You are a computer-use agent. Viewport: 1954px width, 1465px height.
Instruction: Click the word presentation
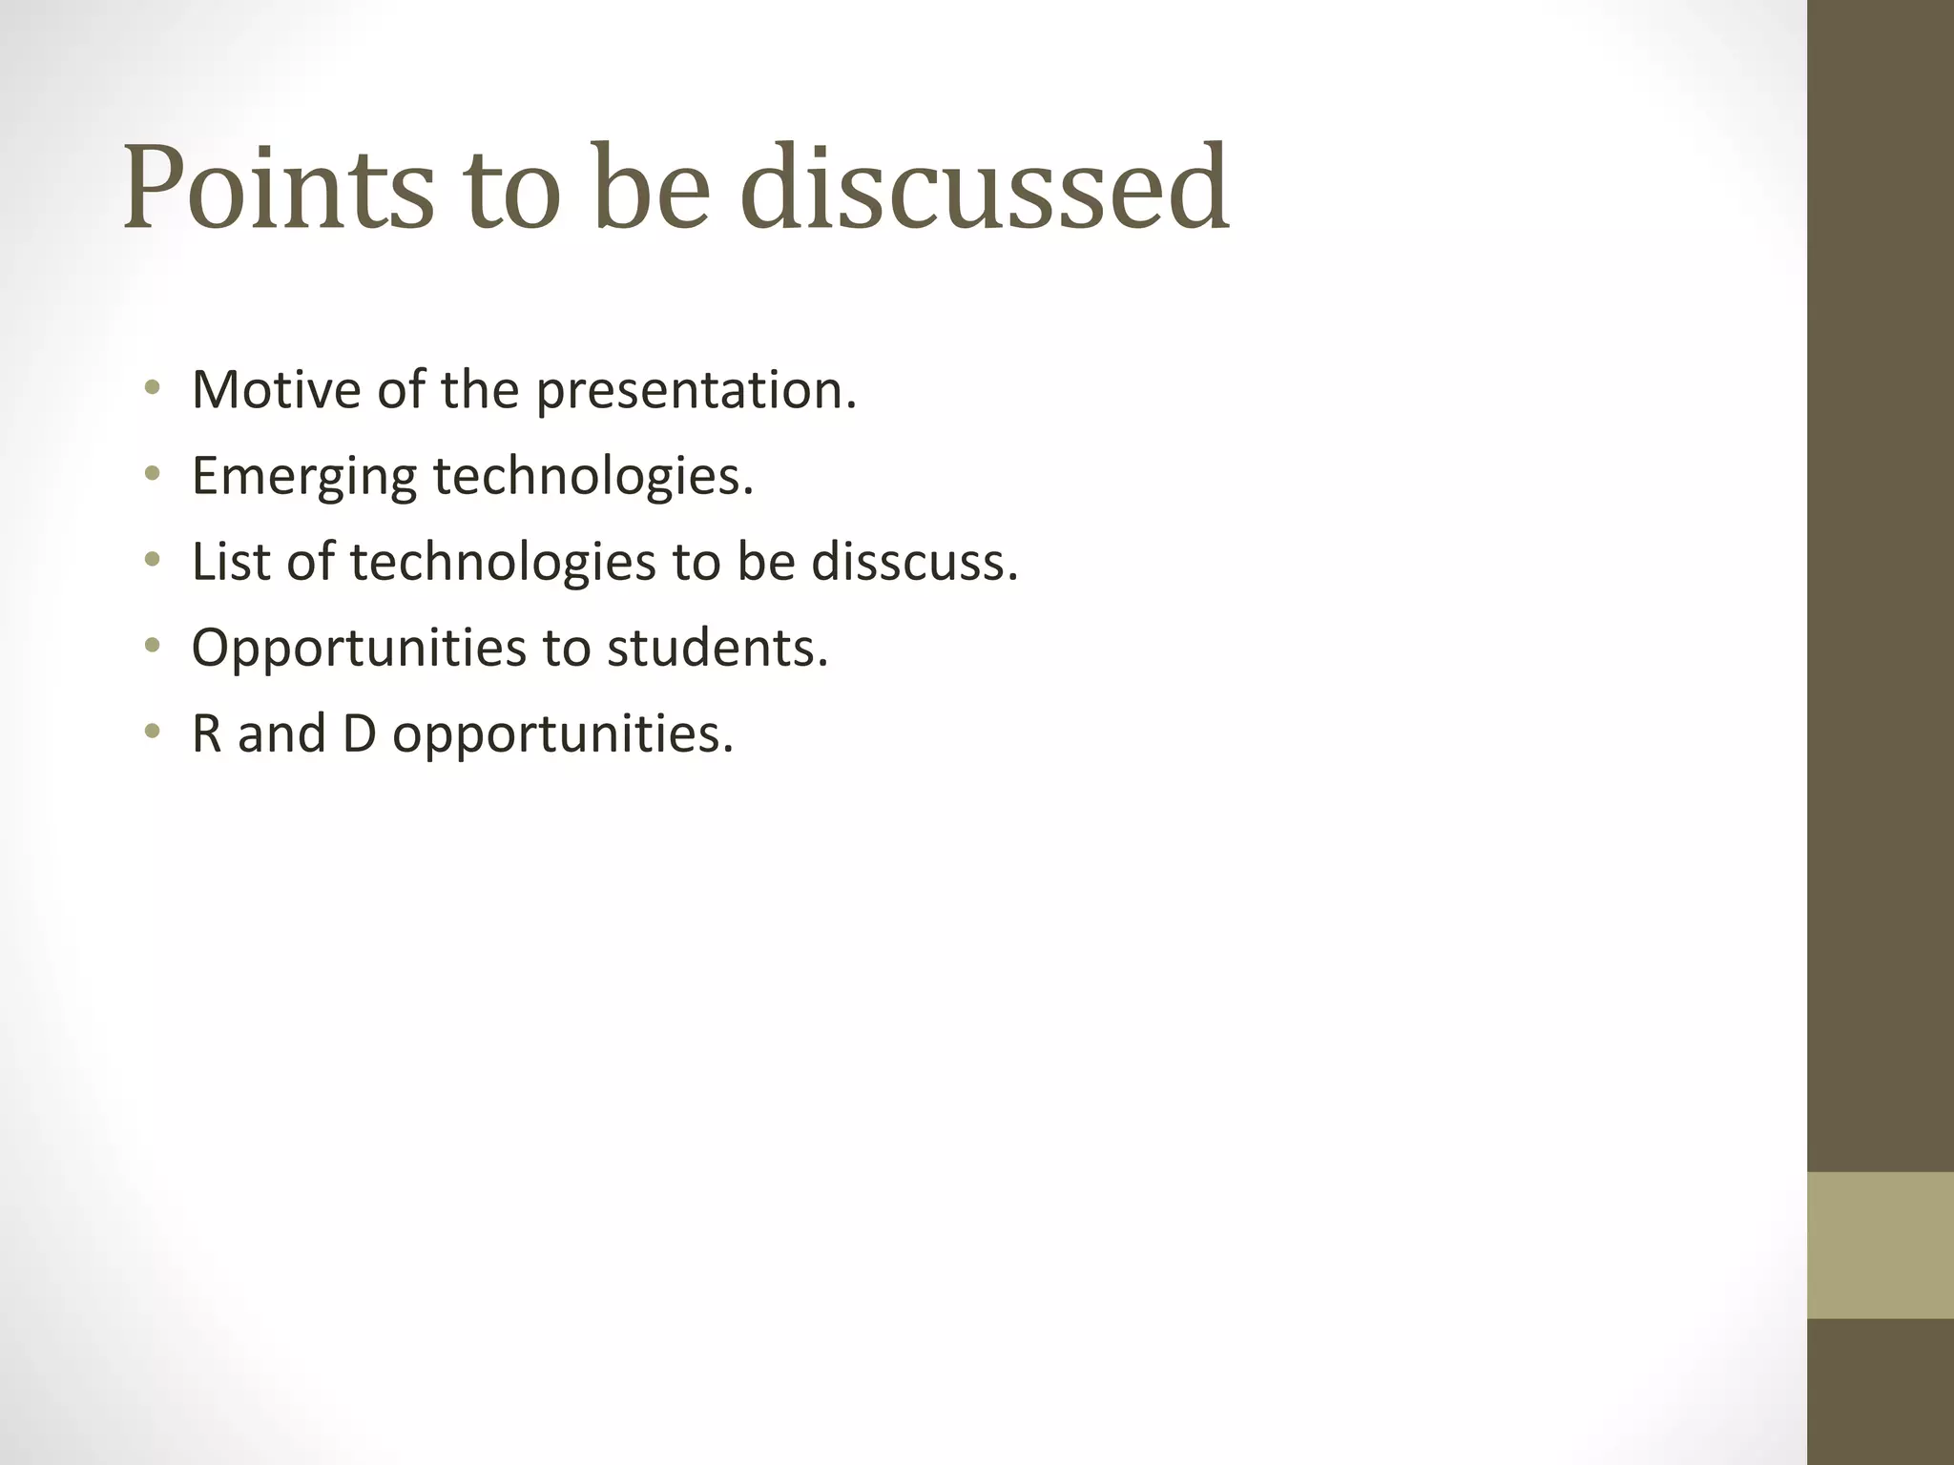pyautogui.click(x=696, y=391)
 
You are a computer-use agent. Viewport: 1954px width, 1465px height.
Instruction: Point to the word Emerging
pyautogui.click(x=304, y=477)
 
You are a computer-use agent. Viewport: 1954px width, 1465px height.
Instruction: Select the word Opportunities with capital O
pyautogui.click(x=359, y=649)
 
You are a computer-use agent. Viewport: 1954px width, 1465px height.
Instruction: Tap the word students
pyautogui.click(x=717, y=648)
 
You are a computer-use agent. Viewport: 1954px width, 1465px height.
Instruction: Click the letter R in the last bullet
pyautogui.click(x=206, y=734)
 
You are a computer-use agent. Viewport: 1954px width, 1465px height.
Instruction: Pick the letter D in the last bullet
pyautogui.click(x=359, y=734)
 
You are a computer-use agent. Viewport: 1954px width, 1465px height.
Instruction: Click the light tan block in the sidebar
pyautogui.click(x=1880, y=1245)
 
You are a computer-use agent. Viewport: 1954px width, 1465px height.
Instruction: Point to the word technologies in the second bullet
pyautogui.click(x=592, y=476)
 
